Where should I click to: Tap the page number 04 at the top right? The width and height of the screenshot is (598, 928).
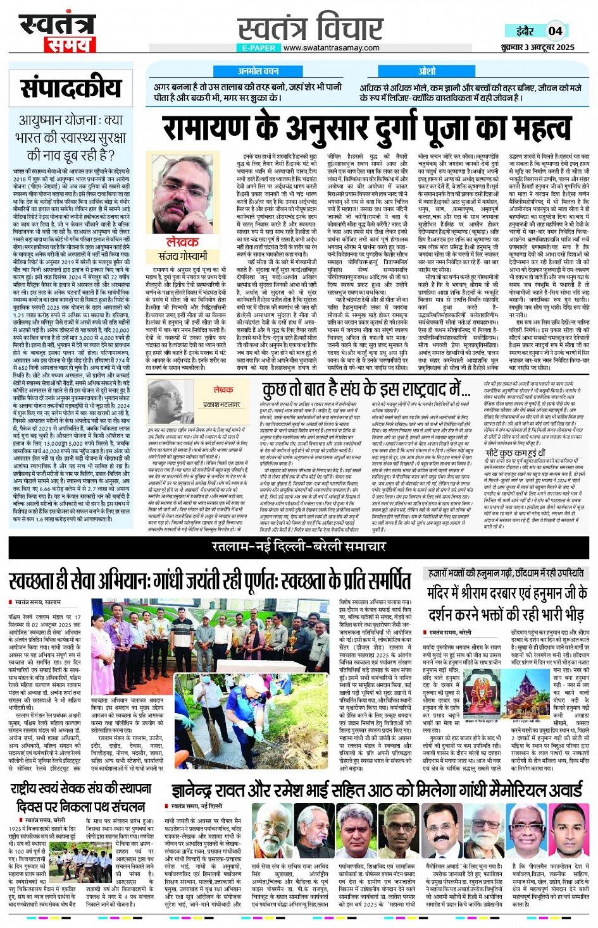click(555, 30)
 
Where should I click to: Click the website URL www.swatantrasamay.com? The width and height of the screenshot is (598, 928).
click(331, 48)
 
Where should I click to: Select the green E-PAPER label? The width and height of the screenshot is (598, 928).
click(259, 48)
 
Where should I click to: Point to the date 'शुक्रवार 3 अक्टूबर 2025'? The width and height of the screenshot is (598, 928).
click(537, 47)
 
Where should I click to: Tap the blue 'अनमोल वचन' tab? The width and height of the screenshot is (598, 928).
click(258, 71)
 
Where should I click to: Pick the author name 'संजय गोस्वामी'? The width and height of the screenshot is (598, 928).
click(183, 256)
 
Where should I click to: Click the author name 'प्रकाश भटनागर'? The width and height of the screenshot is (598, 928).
click(221, 404)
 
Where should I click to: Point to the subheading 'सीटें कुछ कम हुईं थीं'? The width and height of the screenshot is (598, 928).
click(515, 453)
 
